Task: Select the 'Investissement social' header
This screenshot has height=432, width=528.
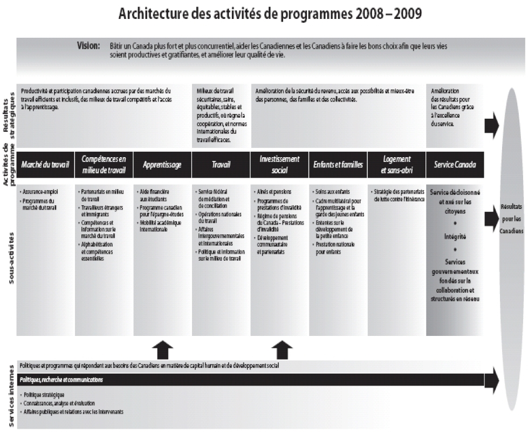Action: click(x=279, y=164)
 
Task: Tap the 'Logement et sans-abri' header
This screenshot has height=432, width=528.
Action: click(x=396, y=164)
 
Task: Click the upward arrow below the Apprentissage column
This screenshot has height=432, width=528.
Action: click(x=162, y=350)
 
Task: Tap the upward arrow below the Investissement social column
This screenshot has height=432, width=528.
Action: click(x=279, y=350)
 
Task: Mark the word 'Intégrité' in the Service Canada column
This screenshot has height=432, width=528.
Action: click(x=455, y=237)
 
